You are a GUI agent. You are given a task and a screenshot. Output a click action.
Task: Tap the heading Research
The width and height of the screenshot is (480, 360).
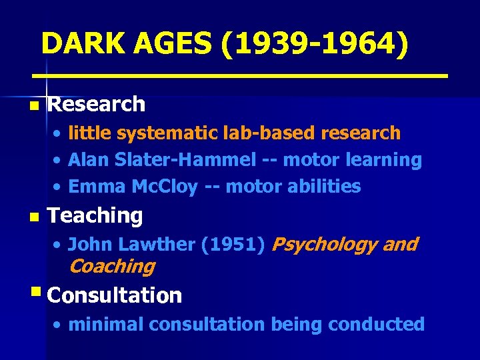[x=97, y=104]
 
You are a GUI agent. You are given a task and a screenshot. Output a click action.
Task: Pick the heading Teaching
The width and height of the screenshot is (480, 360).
[x=95, y=216]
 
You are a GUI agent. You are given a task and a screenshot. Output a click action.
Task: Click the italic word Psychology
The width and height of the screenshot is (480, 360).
[x=324, y=245]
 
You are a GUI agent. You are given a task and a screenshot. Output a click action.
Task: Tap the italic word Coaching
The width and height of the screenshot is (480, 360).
[x=111, y=267]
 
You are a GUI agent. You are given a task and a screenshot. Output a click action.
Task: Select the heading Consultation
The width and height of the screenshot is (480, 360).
[x=115, y=295]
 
